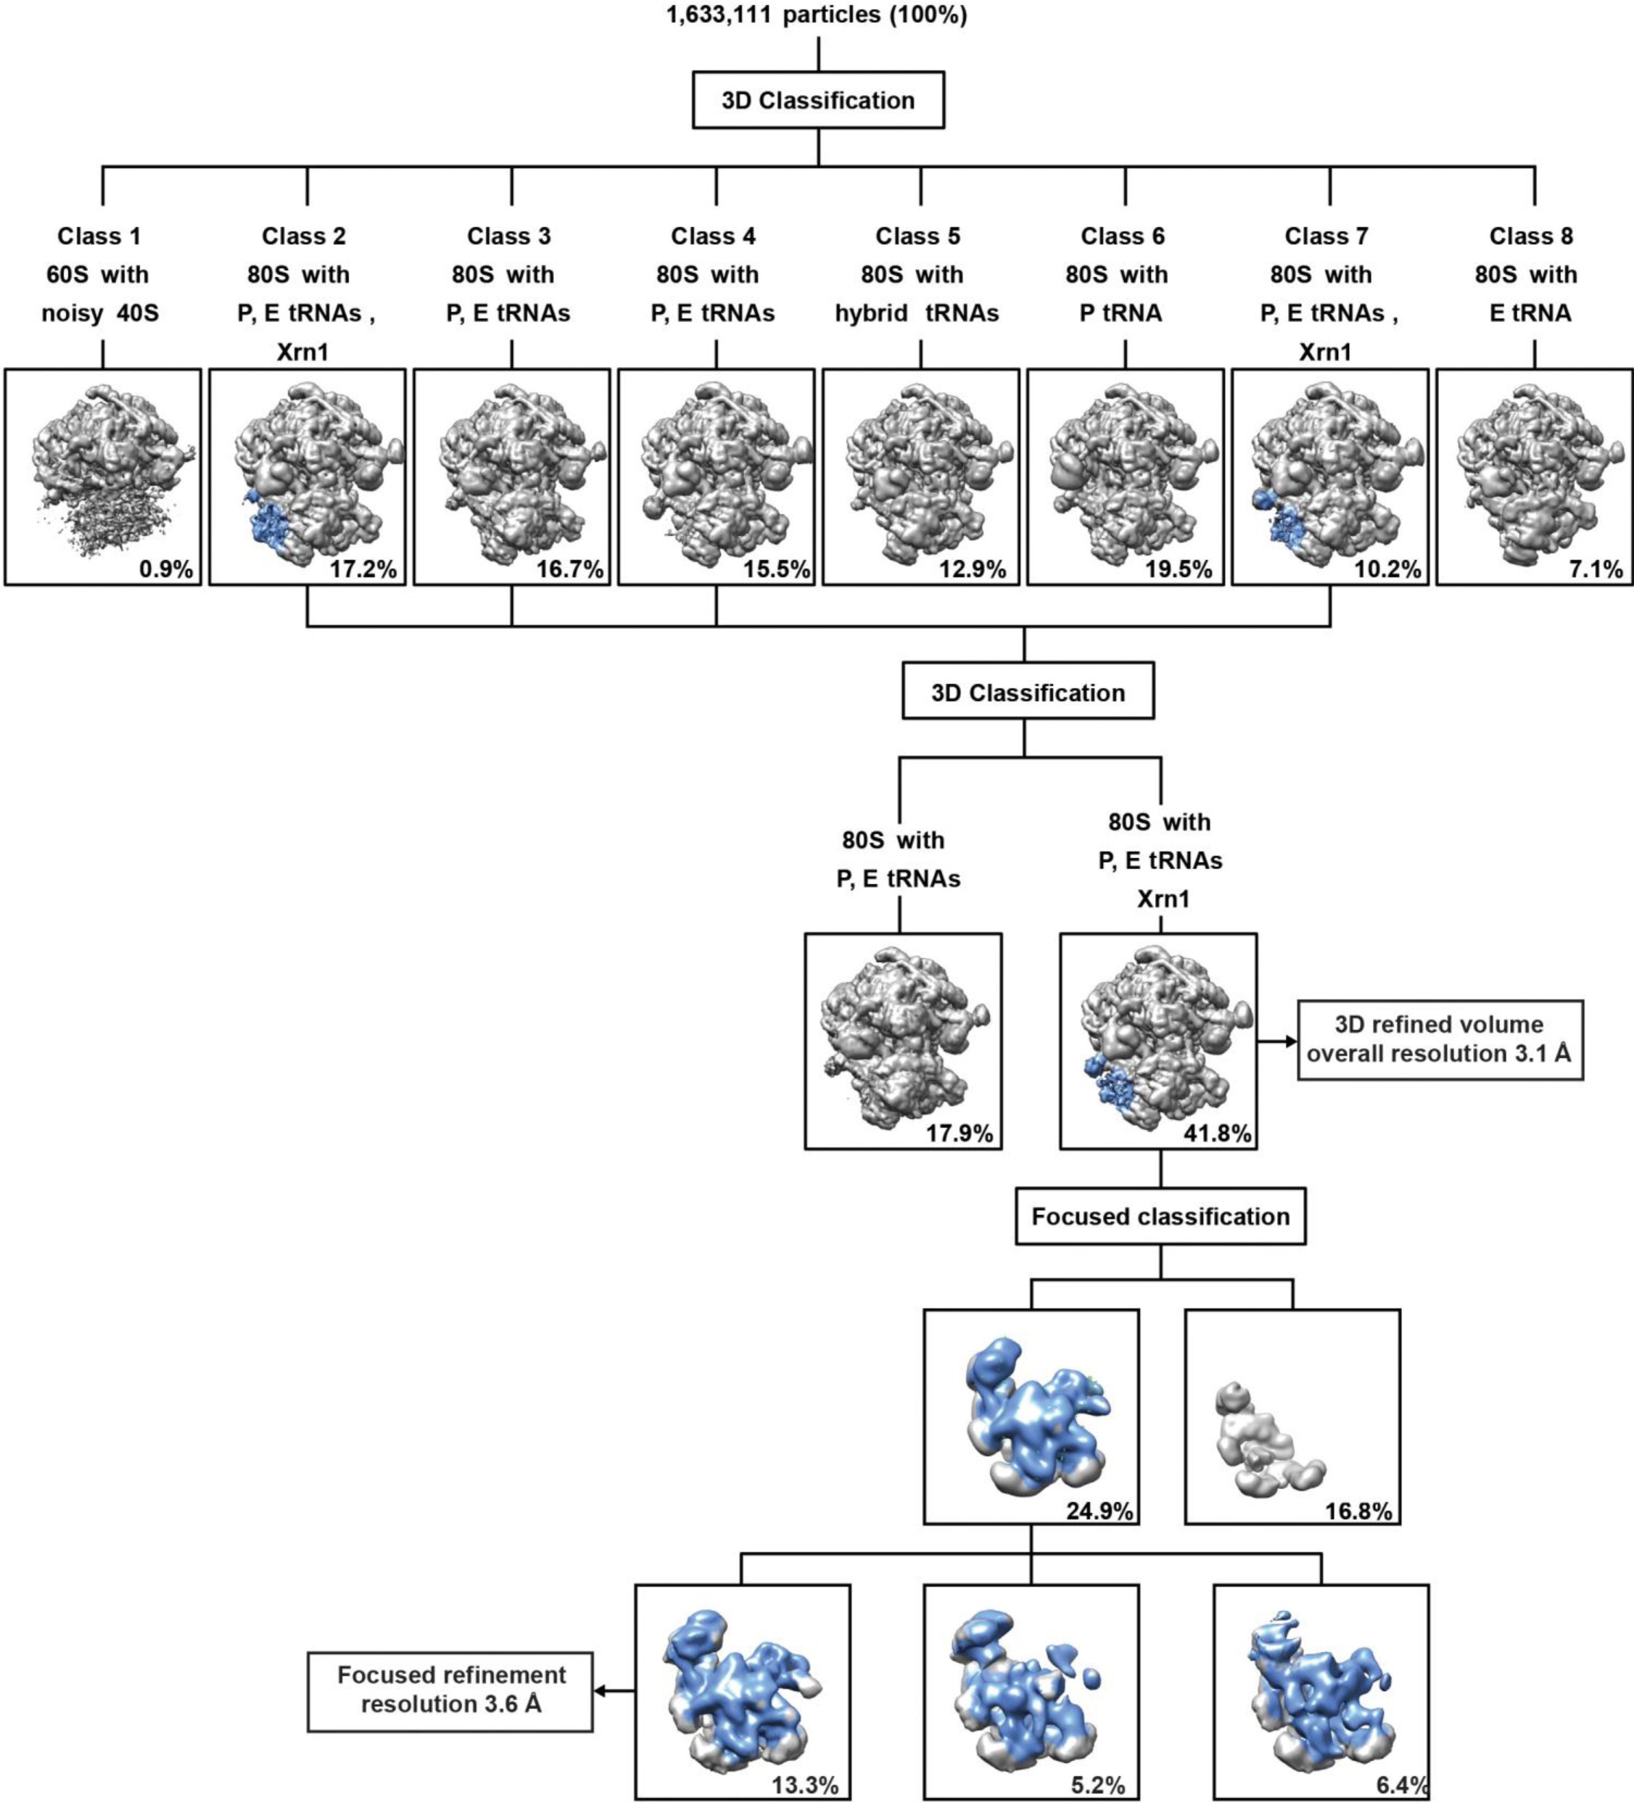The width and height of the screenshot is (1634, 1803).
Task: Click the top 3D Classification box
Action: [x=817, y=100]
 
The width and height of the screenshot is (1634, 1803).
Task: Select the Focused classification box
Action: [x=1160, y=1216]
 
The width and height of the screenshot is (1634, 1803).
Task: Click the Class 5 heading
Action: [x=917, y=236]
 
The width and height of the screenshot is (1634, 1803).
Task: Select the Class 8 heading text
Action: [x=1530, y=236]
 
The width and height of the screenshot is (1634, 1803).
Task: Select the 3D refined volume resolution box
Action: [x=1439, y=1039]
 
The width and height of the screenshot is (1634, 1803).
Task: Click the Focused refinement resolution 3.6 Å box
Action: [x=451, y=1689]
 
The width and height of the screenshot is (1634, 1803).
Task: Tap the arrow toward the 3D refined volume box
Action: [x=1277, y=1041]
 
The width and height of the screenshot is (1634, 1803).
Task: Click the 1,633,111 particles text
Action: [x=817, y=15]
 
